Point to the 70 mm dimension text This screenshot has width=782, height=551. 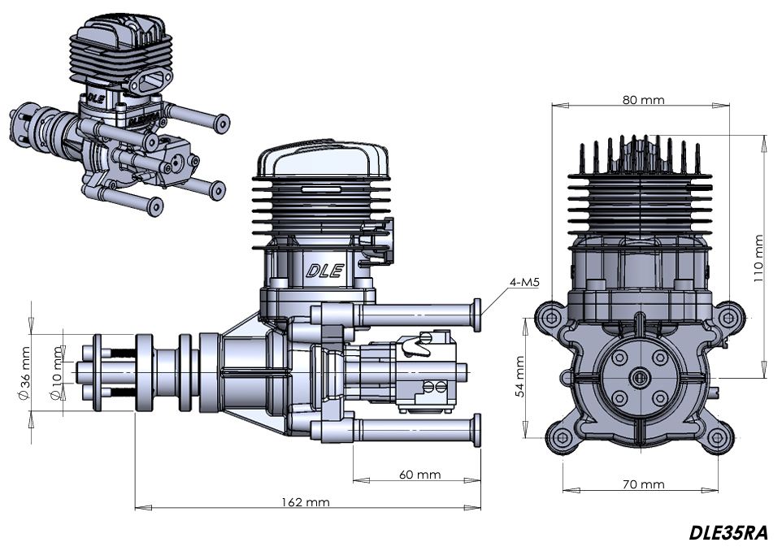(644, 484)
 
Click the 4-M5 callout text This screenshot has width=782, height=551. (525, 283)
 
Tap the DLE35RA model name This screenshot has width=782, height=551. (728, 533)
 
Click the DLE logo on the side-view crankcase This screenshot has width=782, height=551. (324, 271)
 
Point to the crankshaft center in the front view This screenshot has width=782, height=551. (637, 377)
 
